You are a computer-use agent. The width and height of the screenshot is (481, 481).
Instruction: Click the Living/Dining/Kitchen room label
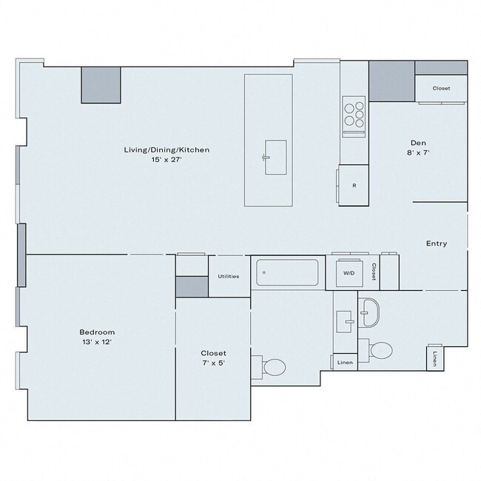pyautogui.click(x=166, y=149)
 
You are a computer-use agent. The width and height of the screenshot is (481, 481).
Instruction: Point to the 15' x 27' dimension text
pyautogui.click(x=166, y=159)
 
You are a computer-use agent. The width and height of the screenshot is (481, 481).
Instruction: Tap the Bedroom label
pyautogui.click(x=97, y=332)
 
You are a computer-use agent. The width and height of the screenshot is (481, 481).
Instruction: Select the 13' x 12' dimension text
pyautogui.click(x=97, y=342)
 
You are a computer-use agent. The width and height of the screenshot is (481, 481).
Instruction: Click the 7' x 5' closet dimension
pyautogui.click(x=213, y=363)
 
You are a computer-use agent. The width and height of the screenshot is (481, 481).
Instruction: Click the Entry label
pyautogui.click(x=436, y=243)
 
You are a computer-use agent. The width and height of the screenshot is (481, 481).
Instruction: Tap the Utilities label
pyautogui.click(x=228, y=276)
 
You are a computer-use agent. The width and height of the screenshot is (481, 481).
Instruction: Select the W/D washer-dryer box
pyautogui.click(x=348, y=272)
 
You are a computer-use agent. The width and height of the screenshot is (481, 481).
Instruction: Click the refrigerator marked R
pyautogui.click(x=354, y=186)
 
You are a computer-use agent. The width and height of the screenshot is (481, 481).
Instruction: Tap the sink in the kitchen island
pyautogui.click(x=275, y=157)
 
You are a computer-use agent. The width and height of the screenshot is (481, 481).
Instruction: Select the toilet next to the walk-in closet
pyautogui.click(x=273, y=366)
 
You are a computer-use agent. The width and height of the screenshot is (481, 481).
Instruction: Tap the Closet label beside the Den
pyautogui.click(x=441, y=88)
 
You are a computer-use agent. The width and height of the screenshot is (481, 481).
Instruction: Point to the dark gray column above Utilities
pyautogui.click(x=192, y=286)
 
